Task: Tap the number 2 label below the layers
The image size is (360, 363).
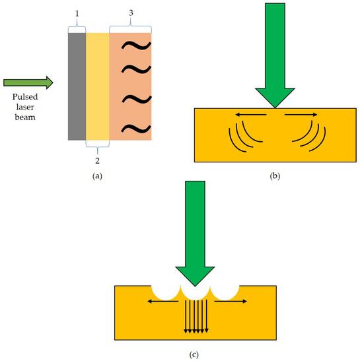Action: (98, 159)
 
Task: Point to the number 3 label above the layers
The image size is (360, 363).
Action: (130, 13)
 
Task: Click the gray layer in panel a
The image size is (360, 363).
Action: (77, 86)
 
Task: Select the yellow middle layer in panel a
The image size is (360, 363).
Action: (98, 86)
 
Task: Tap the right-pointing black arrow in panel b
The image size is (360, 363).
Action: (301, 115)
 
